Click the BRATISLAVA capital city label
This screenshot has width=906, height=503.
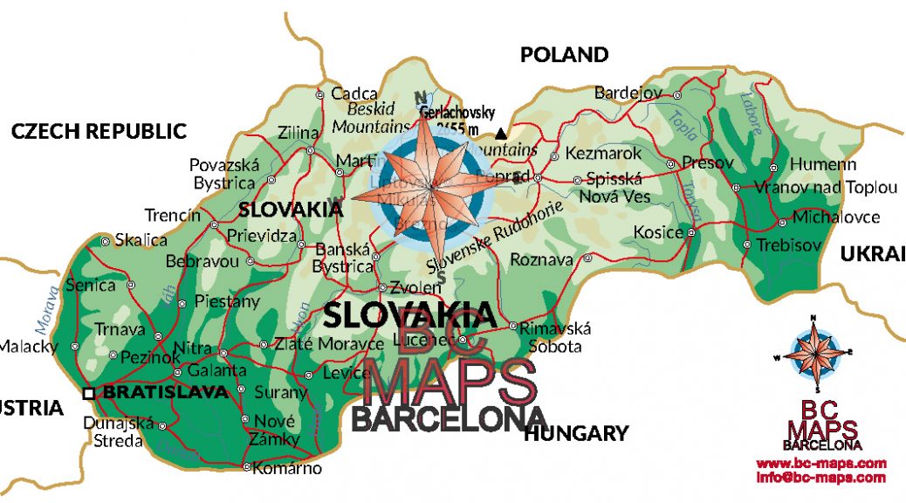click(165, 393)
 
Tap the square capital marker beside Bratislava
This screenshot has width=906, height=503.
click(88, 394)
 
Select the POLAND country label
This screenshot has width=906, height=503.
click(564, 55)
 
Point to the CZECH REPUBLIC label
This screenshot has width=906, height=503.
click(99, 132)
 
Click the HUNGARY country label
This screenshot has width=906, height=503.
click(576, 433)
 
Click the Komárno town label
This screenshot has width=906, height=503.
click(289, 468)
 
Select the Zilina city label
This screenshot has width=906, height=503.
click(299, 134)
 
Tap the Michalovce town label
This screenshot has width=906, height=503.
click(836, 217)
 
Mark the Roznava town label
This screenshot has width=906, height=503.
click(541, 259)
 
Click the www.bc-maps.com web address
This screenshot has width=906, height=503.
click(820, 463)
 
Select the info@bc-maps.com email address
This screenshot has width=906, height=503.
click(820, 478)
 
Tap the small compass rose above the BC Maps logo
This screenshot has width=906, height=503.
click(816, 354)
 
